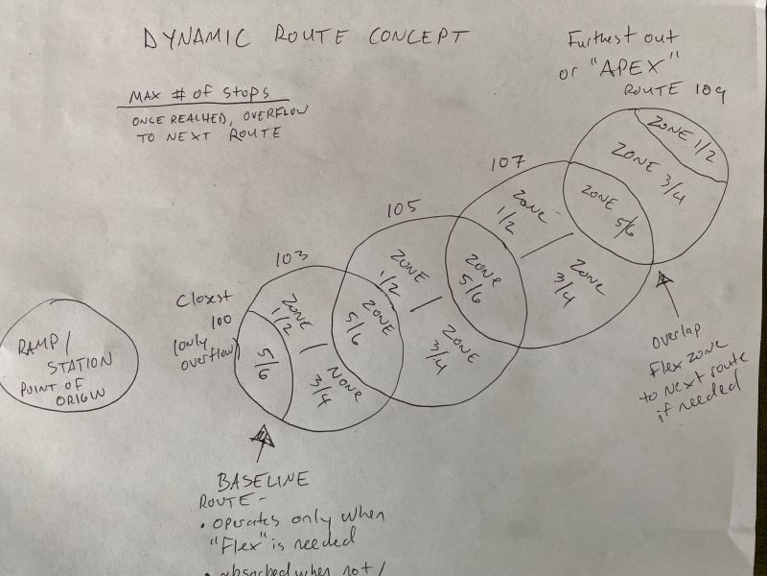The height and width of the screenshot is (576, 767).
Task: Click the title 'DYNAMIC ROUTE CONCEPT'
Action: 306,39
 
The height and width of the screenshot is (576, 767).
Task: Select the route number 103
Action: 291,259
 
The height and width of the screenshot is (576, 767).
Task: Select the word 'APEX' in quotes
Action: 643,68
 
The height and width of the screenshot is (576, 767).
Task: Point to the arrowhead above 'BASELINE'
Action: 261,438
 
